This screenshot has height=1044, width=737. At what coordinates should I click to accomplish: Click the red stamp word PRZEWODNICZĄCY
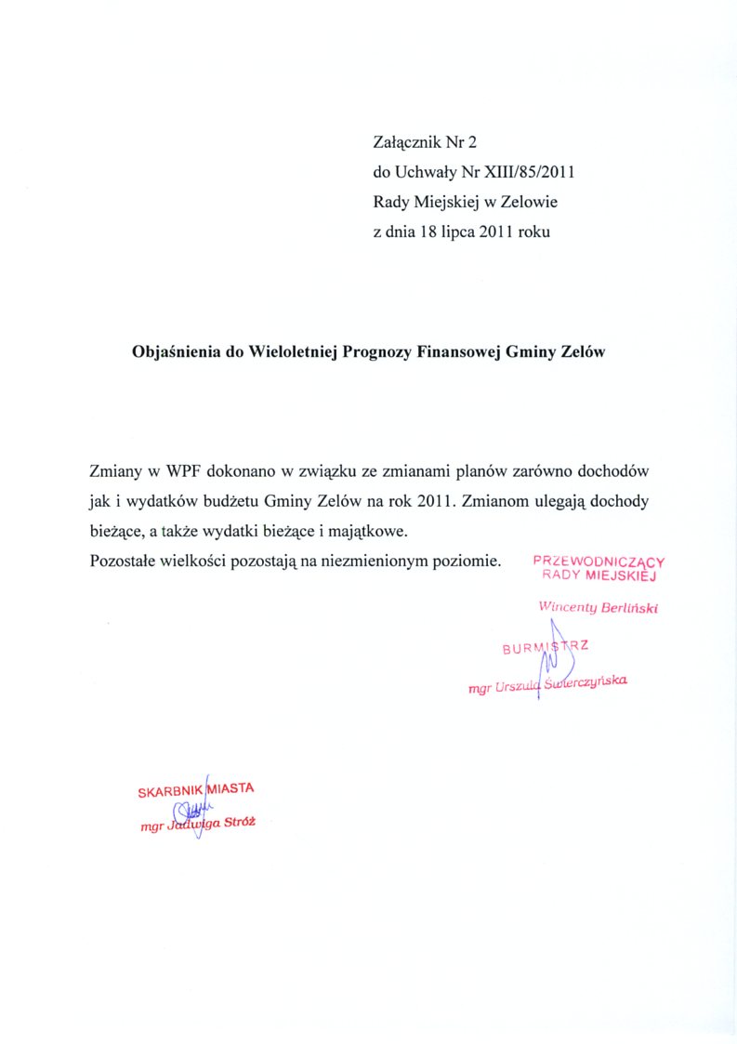click(x=599, y=562)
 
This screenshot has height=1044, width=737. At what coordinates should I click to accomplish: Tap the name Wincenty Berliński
click(x=599, y=607)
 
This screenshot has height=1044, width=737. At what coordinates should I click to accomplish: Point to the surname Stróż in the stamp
click(x=238, y=823)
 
